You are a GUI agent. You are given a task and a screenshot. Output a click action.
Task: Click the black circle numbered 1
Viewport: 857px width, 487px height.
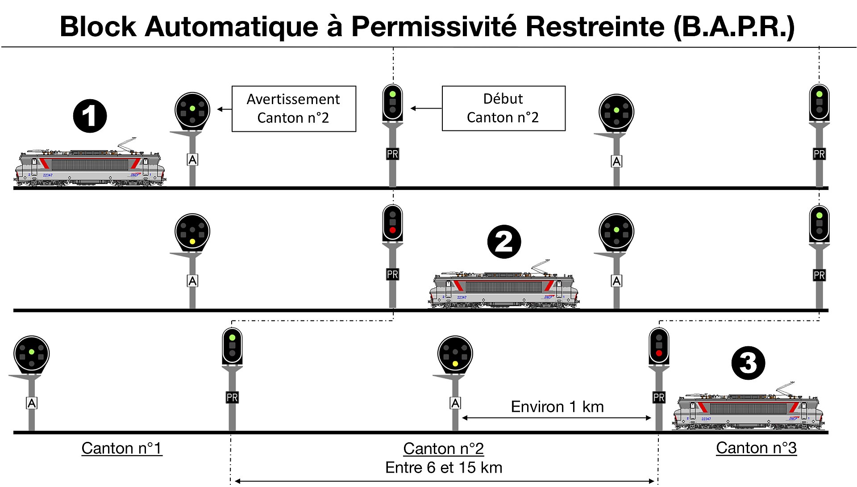click(x=90, y=116)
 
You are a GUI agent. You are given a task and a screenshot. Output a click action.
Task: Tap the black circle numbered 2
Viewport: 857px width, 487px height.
click(x=504, y=242)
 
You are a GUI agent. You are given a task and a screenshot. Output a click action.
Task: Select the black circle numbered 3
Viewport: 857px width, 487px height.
click(x=748, y=363)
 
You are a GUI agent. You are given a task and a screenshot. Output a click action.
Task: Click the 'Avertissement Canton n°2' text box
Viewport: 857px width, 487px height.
click(x=294, y=109)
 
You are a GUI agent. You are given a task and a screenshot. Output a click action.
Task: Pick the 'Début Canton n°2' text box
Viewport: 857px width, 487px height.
click(x=503, y=108)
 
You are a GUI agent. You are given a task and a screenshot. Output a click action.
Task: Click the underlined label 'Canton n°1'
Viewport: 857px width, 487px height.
click(x=121, y=448)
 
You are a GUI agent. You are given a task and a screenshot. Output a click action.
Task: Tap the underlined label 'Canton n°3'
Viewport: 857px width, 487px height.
click(x=756, y=448)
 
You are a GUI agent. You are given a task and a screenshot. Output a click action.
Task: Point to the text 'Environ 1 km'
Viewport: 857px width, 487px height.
click(x=557, y=407)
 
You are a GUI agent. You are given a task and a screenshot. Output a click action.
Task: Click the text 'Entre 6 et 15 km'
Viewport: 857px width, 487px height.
click(x=444, y=467)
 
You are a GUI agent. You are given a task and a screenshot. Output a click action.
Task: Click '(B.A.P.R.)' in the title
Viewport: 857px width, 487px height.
click(x=734, y=26)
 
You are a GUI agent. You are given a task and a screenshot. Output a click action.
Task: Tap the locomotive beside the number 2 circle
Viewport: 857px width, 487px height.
click(x=504, y=290)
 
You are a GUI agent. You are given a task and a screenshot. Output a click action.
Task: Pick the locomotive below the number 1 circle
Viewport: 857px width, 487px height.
click(x=90, y=168)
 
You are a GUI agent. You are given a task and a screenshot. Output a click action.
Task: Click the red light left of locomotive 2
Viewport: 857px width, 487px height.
click(x=392, y=230)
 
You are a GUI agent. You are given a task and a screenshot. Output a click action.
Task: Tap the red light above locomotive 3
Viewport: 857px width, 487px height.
click(x=658, y=353)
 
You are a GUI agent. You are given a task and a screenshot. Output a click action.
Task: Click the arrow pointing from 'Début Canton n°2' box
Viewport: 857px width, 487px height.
click(x=426, y=108)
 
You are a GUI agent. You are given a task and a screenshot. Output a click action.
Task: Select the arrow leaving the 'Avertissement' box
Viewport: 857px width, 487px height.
click(x=224, y=109)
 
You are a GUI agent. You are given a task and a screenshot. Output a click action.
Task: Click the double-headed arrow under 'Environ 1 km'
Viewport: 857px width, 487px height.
click(x=557, y=418)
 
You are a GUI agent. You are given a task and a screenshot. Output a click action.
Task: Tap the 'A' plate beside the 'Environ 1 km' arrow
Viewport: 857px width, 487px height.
click(x=455, y=403)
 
